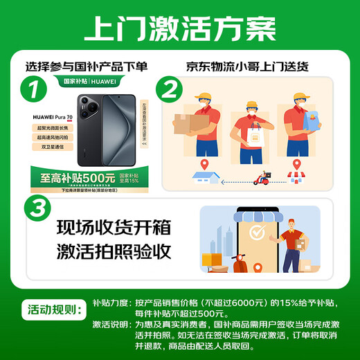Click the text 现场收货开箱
tap(113, 226)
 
